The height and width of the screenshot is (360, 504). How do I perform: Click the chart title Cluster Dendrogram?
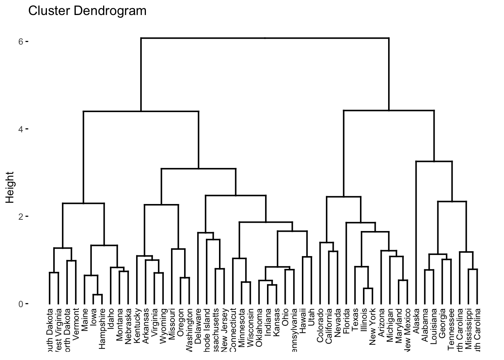pyautogui.click(x=87, y=11)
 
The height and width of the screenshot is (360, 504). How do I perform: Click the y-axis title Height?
pyautogui.click(x=10, y=187)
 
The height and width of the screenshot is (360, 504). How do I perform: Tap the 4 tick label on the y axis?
pyautogui.click(x=21, y=129)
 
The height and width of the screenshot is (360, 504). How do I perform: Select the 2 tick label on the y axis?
pyautogui.click(x=21, y=216)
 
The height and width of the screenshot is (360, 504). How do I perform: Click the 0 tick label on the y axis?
pyautogui.click(x=21, y=304)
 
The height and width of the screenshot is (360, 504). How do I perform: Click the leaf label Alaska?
pyautogui.click(x=416, y=320)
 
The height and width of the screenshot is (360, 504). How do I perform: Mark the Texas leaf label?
pyautogui.click(x=355, y=319)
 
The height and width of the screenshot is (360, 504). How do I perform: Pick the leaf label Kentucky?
pyautogui.click(x=137, y=324)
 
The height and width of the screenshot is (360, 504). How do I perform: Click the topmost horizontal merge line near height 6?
pyautogui.click(x=265, y=38)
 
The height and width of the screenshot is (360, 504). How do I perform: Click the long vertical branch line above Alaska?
pyautogui.click(x=416, y=232)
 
